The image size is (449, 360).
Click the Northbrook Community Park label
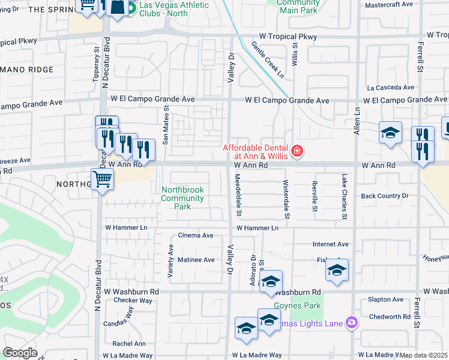tap(182, 198)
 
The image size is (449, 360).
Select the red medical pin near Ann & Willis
tap(297, 151)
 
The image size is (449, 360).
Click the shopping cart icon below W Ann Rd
tap(103, 179)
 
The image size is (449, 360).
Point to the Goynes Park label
tap(297, 305)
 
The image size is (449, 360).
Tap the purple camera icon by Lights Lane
tap(351, 323)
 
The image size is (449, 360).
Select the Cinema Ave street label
tap(196, 235)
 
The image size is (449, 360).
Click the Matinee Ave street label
tap(196, 260)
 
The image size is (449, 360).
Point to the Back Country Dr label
tap(384, 196)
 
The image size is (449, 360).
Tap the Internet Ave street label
tap(330, 244)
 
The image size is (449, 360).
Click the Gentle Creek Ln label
tap(267, 59)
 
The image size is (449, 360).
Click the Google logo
tap(20, 353)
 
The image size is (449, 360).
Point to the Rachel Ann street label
tap(128, 344)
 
